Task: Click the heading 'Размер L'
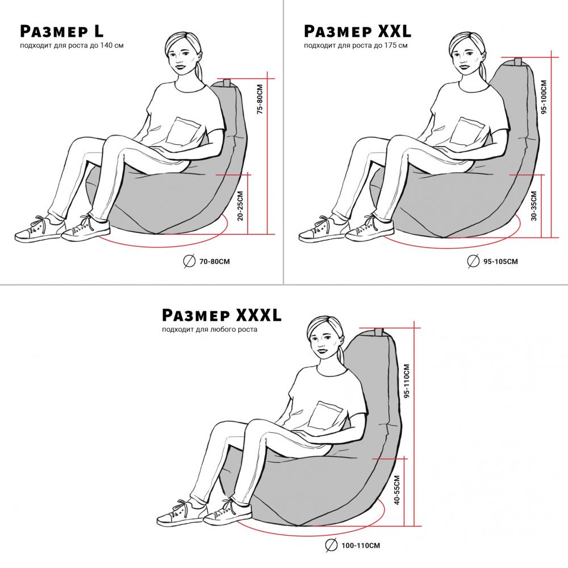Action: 61,31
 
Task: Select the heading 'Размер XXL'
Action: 357,31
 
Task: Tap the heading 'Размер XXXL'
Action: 222,315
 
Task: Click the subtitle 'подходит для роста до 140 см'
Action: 72,45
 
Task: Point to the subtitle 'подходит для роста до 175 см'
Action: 356,45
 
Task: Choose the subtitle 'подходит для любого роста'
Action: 210,329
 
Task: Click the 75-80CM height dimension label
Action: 260,99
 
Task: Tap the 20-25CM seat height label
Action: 240,206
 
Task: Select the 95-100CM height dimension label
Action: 544,97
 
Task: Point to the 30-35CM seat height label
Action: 533,206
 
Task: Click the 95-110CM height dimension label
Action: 407,381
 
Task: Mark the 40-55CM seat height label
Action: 396,490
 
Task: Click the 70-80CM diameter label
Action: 215,261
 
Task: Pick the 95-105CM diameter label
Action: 500,261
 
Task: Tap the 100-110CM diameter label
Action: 361,545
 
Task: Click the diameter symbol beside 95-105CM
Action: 474,261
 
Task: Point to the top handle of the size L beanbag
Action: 227,83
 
